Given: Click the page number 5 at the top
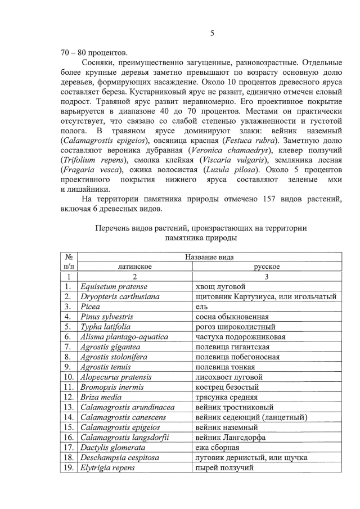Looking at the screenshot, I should point(212,33).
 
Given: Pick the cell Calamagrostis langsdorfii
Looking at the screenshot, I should point(124,438).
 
